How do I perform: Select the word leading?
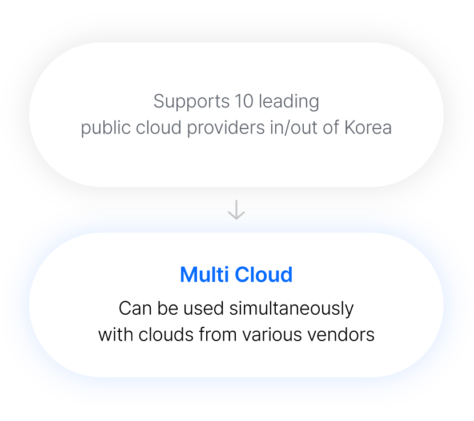[x=289, y=102]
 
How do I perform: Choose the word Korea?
[x=368, y=127]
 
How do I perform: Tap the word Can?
[x=135, y=308]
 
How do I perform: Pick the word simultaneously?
[x=291, y=308]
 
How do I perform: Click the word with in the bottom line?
[x=114, y=334]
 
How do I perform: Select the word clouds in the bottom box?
[x=164, y=334]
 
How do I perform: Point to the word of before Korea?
[x=331, y=127]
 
